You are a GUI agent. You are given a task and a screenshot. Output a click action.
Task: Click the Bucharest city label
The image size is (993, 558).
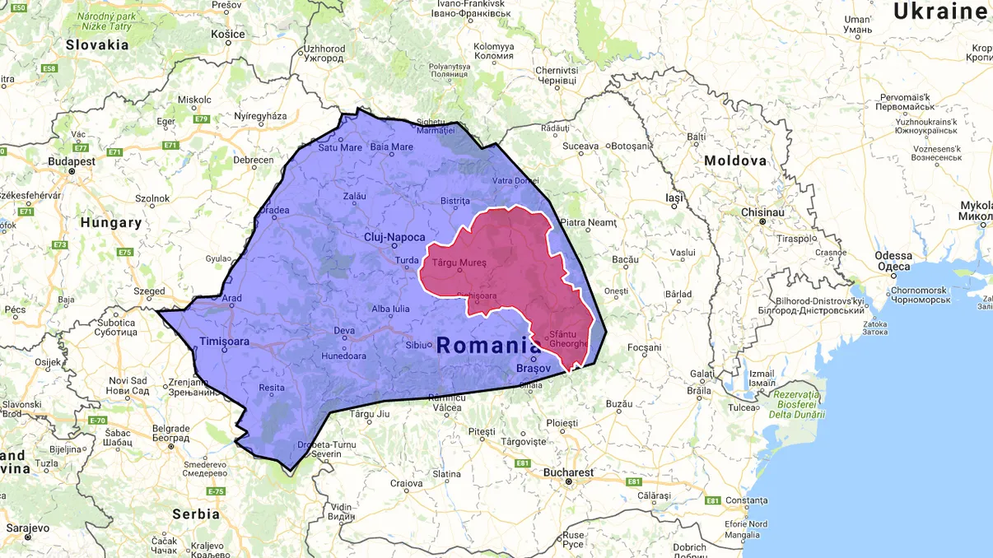tap(567, 472)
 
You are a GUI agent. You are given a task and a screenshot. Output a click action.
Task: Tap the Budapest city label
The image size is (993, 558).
tap(71, 161)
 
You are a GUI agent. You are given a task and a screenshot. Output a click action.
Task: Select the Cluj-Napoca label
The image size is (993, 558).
tap(394, 237)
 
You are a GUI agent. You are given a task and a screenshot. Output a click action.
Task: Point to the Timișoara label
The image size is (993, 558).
tap(224, 341)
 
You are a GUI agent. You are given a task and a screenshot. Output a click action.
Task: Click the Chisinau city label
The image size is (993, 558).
tap(762, 212)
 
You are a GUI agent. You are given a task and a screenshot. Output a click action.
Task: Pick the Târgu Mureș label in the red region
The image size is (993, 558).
tap(459, 263)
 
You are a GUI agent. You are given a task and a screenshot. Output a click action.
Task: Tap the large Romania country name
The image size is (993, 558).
tap(489, 346)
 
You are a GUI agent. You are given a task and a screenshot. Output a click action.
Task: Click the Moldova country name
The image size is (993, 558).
tap(735, 161)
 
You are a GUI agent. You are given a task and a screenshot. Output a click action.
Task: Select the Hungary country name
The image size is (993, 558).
tap(110, 222)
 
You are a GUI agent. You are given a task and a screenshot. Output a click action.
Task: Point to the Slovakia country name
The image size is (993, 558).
tap(97, 44)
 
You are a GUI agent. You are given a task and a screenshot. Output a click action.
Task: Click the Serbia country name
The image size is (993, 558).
tap(196, 514)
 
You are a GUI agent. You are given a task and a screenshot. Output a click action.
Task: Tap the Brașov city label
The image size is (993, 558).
tap(534, 368)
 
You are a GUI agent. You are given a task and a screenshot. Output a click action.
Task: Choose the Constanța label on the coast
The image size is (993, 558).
tap(746, 500)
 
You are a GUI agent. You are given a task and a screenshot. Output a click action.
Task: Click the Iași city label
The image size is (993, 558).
tap(674, 198)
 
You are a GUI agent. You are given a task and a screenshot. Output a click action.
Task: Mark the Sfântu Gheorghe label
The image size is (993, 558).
tap(569, 339)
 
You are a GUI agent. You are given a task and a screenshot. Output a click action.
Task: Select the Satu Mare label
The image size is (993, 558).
tap(340, 148)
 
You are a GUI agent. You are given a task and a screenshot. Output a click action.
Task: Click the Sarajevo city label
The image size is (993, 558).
tap(27, 528)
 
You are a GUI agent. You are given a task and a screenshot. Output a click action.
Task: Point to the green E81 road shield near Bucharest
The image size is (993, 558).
tap(633, 481)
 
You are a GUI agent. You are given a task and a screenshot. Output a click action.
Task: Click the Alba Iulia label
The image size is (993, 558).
tap(390, 309)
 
